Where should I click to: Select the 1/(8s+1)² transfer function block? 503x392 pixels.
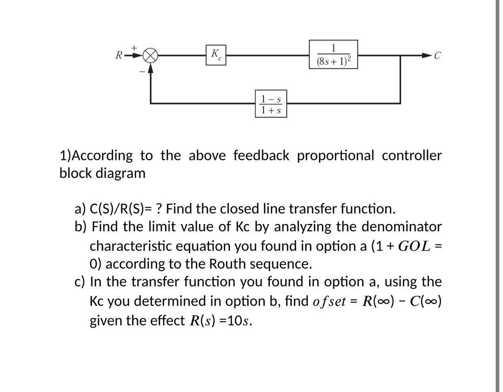[333, 55]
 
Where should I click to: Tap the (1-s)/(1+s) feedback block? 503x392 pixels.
[272, 105]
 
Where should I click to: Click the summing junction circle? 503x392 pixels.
[150, 55]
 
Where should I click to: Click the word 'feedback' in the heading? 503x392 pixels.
[261, 155]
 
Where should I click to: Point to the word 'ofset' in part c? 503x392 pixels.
[328, 301]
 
